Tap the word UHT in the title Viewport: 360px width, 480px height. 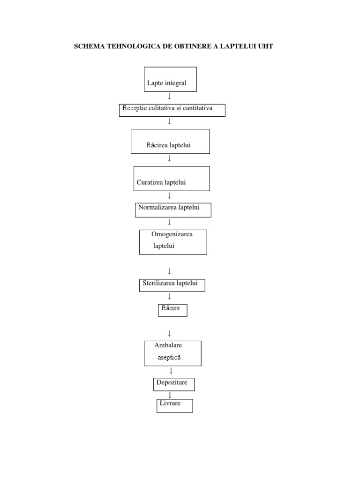tap(265, 46)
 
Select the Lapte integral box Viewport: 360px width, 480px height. tap(170, 79)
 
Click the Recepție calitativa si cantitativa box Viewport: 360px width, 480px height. tap(172, 110)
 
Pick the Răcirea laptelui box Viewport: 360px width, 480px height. tap(170, 142)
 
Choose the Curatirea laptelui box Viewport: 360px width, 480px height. tap(171, 179)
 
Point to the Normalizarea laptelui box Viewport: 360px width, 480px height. tap(173, 210)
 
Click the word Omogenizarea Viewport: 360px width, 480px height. tap(172, 234)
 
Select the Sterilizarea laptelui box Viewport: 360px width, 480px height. tap(172, 285)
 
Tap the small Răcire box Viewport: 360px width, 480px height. tap(172, 310)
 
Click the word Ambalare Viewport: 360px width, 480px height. tap(168, 345)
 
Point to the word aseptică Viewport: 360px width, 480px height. tap(169, 358)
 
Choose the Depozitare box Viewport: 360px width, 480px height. tap(173, 384)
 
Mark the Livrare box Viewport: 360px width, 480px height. tap(174, 405)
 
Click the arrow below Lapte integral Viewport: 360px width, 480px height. tap(169, 96)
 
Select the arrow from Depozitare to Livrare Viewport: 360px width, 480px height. tap(170, 395)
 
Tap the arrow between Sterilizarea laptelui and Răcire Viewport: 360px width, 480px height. tap(169, 296)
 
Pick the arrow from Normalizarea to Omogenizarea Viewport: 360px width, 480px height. tap(169, 222)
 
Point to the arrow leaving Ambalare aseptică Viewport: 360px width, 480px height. tap(171, 371)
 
